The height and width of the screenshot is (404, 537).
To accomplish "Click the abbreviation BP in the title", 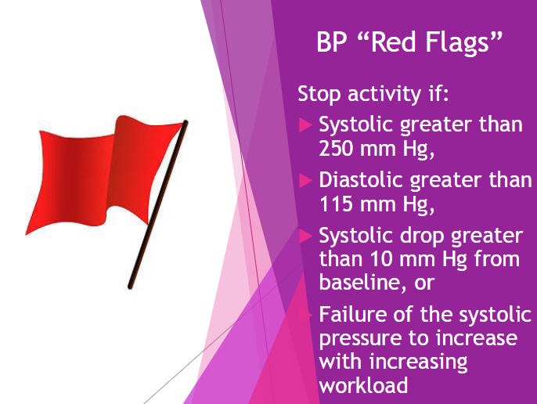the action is pyautogui.click(x=332, y=41).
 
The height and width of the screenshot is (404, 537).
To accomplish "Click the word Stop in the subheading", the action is pyautogui.click(x=319, y=93).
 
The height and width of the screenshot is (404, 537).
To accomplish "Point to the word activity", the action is pyautogui.click(x=384, y=93).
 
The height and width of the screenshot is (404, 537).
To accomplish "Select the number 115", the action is pyautogui.click(x=336, y=204).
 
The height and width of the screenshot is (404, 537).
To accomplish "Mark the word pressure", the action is pyautogui.click(x=359, y=339).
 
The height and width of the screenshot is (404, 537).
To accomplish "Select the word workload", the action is pyautogui.click(x=363, y=384).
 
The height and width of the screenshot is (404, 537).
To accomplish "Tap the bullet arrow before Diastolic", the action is pyautogui.click(x=305, y=180).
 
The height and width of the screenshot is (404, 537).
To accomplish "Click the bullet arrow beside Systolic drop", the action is pyautogui.click(x=305, y=236).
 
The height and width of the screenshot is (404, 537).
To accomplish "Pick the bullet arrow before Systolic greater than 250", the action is pyautogui.click(x=305, y=124).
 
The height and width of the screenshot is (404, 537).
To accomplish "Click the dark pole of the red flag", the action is pyautogui.click(x=158, y=204).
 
